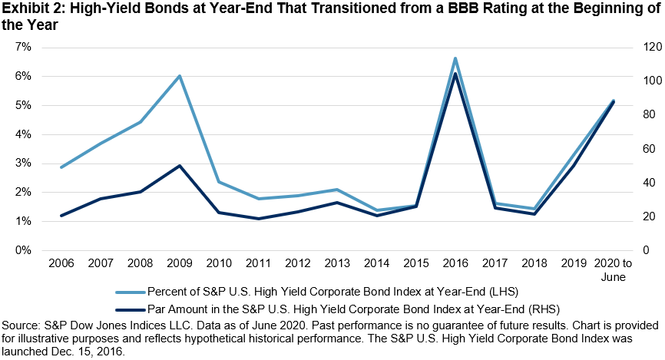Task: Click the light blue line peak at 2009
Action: [180, 76]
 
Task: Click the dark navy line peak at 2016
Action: [455, 74]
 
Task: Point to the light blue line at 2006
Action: [61, 167]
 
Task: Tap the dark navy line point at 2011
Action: [258, 219]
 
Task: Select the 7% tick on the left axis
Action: [24, 48]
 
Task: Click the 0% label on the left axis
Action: [24, 250]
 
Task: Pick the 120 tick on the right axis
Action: [642, 48]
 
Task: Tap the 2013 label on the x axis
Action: [337, 263]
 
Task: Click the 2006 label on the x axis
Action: [61, 263]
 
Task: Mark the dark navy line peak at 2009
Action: [180, 165]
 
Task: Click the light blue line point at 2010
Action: [219, 182]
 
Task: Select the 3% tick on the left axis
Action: [24, 163]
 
